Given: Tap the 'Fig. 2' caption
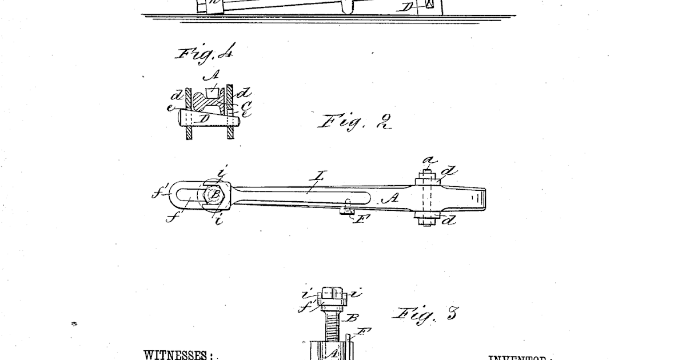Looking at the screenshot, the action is point(354,121).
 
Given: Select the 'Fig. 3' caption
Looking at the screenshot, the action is point(425,314).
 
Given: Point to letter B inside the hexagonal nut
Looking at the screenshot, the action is point(215,194).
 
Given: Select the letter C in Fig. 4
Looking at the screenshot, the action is point(246,105).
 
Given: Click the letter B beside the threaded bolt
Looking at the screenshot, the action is point(353,318).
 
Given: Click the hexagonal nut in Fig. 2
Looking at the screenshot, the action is point(215,194).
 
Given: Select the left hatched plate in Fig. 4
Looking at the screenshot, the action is point(188,111).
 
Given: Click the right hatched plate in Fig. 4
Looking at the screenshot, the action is point(230,111).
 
